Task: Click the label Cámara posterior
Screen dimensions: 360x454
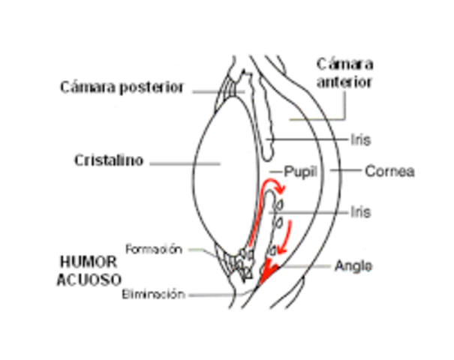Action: [x=122, y=88]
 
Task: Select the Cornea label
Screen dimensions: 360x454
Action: [x=389, y=171]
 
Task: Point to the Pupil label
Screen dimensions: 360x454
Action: [x=300, y=171]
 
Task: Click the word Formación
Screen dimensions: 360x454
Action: [x=155, y=249]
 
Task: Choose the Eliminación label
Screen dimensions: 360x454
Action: [x=154, y=294]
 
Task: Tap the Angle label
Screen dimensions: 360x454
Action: [x=353, y=265]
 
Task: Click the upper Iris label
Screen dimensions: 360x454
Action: [x=360, y=139]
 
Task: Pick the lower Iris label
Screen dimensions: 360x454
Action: [x=360, y=212]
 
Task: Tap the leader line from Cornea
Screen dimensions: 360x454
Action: [x=347, y=171]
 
